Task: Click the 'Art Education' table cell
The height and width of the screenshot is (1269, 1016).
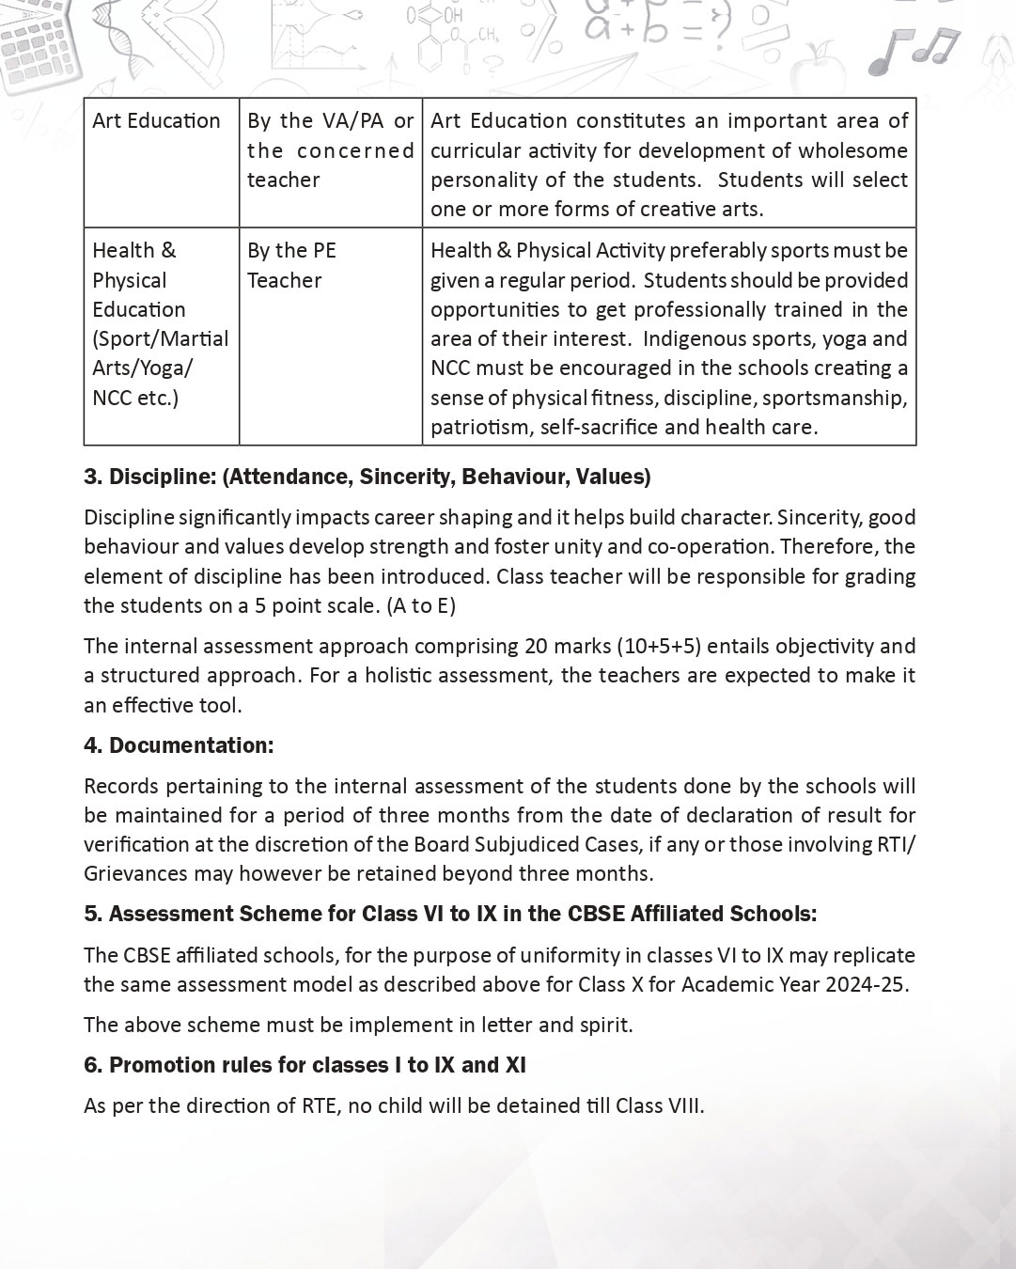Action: (x=156, y=121)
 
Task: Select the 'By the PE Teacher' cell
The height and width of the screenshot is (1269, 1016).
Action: (x=291, y=265)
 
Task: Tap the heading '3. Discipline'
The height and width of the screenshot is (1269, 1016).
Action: (x=367, y=477)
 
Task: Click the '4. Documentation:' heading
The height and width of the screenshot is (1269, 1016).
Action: (x=179, y=745)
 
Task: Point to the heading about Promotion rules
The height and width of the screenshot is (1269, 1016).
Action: (x=305, y=1065)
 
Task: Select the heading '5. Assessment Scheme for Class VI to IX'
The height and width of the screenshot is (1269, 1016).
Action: (x=450, y=914)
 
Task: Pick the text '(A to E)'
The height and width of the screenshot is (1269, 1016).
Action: (x=421, y=605)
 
